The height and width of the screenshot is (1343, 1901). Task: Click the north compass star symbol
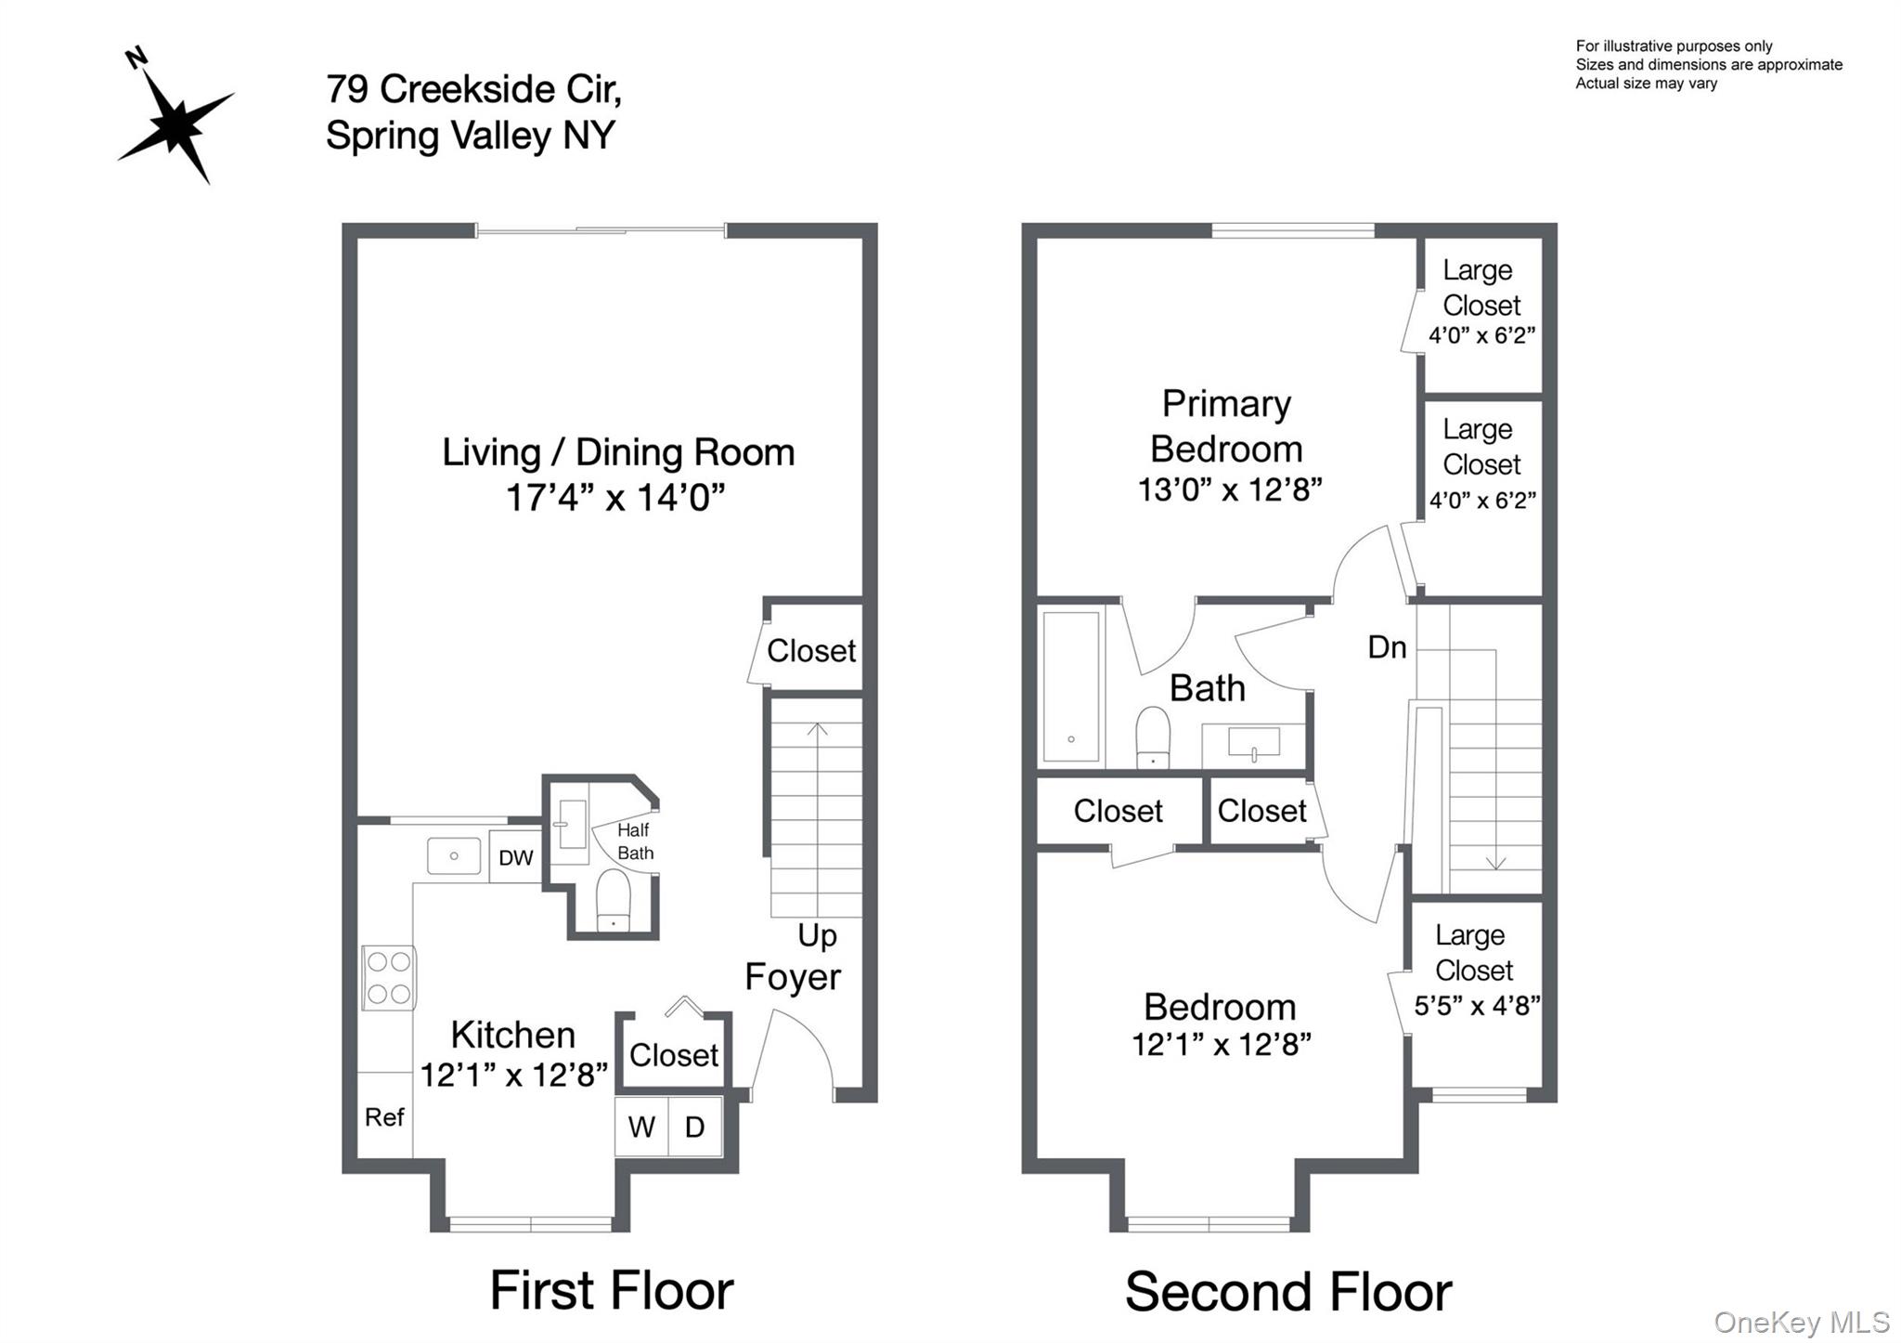click(176, 121)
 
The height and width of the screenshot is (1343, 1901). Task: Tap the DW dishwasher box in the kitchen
click(516, 857)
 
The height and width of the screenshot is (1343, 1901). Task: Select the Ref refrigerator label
click(384, 1117)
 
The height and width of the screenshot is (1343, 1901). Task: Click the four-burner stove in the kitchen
click(389, 978)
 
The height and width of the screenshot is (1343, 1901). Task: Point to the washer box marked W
click(641, 1128)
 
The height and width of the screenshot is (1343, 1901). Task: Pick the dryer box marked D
click(695, 1128)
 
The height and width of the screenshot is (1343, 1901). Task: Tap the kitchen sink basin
click(454, 855)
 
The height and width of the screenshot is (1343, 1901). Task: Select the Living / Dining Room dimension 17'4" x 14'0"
click(614, 498)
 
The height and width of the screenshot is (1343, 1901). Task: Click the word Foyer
click(793, 977)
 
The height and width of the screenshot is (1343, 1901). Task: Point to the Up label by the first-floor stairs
click(817, 935)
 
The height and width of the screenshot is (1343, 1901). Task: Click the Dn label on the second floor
click(1387, 647)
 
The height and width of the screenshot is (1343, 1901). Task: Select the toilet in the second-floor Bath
click(1153, 738)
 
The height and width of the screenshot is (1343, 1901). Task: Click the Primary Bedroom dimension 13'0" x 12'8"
click(1230, 489)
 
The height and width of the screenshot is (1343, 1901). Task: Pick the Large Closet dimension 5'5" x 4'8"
click(1476, 1006)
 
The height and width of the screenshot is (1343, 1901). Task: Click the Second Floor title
click(1288, 1292)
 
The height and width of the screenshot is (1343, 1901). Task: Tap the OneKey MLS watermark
click(1801, 1322)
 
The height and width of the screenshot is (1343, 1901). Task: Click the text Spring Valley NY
click(471, 136)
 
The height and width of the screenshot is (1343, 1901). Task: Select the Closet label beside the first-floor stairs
click(810, 651)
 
